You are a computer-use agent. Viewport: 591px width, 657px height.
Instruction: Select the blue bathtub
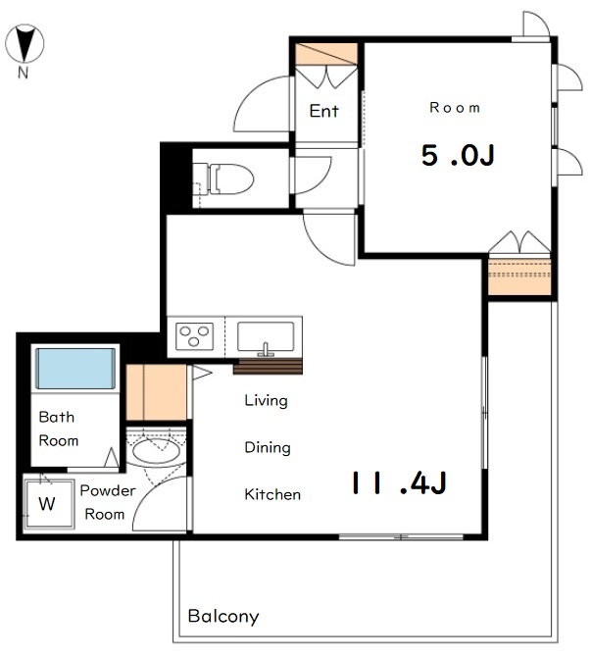pyautogui.click(x=75, y=369)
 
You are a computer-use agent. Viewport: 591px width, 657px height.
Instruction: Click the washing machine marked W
pyautogui.click(x=48, y=504)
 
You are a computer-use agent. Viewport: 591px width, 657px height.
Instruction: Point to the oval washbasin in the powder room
pyautogui.click(x=157, y=451)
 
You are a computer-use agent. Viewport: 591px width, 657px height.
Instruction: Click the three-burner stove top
pyautogui.click(x=194, y=335)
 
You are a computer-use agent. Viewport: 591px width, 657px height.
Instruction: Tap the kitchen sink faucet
pyautogui.click(x=266, y=349)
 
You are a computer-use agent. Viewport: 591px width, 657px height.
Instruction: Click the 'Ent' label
pyautogui.click(x=323, y=111)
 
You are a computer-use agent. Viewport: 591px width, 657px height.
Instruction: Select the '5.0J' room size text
pyautogui.click(x=458, y=155)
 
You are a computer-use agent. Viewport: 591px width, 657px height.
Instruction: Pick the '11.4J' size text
pyautogui.click(x=399, y=482)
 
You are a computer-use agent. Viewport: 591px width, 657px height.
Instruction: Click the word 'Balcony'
pyautogui.click(x=223, y=617)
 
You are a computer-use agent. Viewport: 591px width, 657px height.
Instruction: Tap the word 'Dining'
pyautogui.click(x=268, y=447)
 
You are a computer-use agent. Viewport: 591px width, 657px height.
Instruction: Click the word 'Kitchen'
pyautogui.click(x=272, y=494)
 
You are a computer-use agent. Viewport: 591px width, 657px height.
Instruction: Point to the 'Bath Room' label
pyautogui.click(x=58, y=429)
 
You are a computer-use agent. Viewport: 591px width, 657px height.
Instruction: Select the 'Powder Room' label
pyautogui.click(x=108, y=502)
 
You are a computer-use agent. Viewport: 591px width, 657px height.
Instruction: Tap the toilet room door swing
pyautogui.click(x=321, y=180)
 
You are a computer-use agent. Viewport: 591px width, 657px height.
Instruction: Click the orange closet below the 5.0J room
pyautogui.click(x=519, y=277)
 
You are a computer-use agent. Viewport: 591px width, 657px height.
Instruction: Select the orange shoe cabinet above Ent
pyautogui.click(x=326, y=54)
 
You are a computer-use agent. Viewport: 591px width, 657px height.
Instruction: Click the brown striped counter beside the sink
pyautogui.click(x=268, y=367)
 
